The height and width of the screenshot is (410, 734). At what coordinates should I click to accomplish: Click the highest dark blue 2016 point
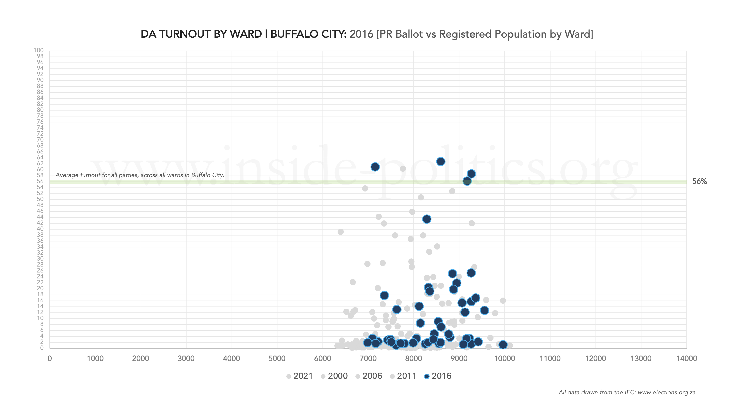click(441, 161)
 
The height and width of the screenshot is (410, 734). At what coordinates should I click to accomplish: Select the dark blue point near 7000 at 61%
click(375, 167)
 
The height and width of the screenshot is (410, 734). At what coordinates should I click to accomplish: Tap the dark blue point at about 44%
click(427, 219)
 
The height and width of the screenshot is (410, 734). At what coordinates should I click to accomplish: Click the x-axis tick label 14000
click(686, 358)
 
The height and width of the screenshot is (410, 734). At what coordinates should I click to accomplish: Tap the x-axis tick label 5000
click(277, 358)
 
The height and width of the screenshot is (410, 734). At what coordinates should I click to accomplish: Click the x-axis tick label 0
click(49, 358)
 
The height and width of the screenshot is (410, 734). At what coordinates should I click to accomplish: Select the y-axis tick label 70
click(40, 140)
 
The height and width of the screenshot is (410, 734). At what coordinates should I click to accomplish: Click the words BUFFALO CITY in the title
click(308, 34)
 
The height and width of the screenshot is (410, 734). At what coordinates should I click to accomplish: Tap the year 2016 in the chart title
click(361, 34)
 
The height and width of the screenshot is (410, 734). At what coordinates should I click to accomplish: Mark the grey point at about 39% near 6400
click(341, 232)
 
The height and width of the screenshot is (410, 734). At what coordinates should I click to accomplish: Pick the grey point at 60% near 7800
click(403, 169)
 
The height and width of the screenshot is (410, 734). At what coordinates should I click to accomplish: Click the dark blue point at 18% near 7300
click(384, 295)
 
